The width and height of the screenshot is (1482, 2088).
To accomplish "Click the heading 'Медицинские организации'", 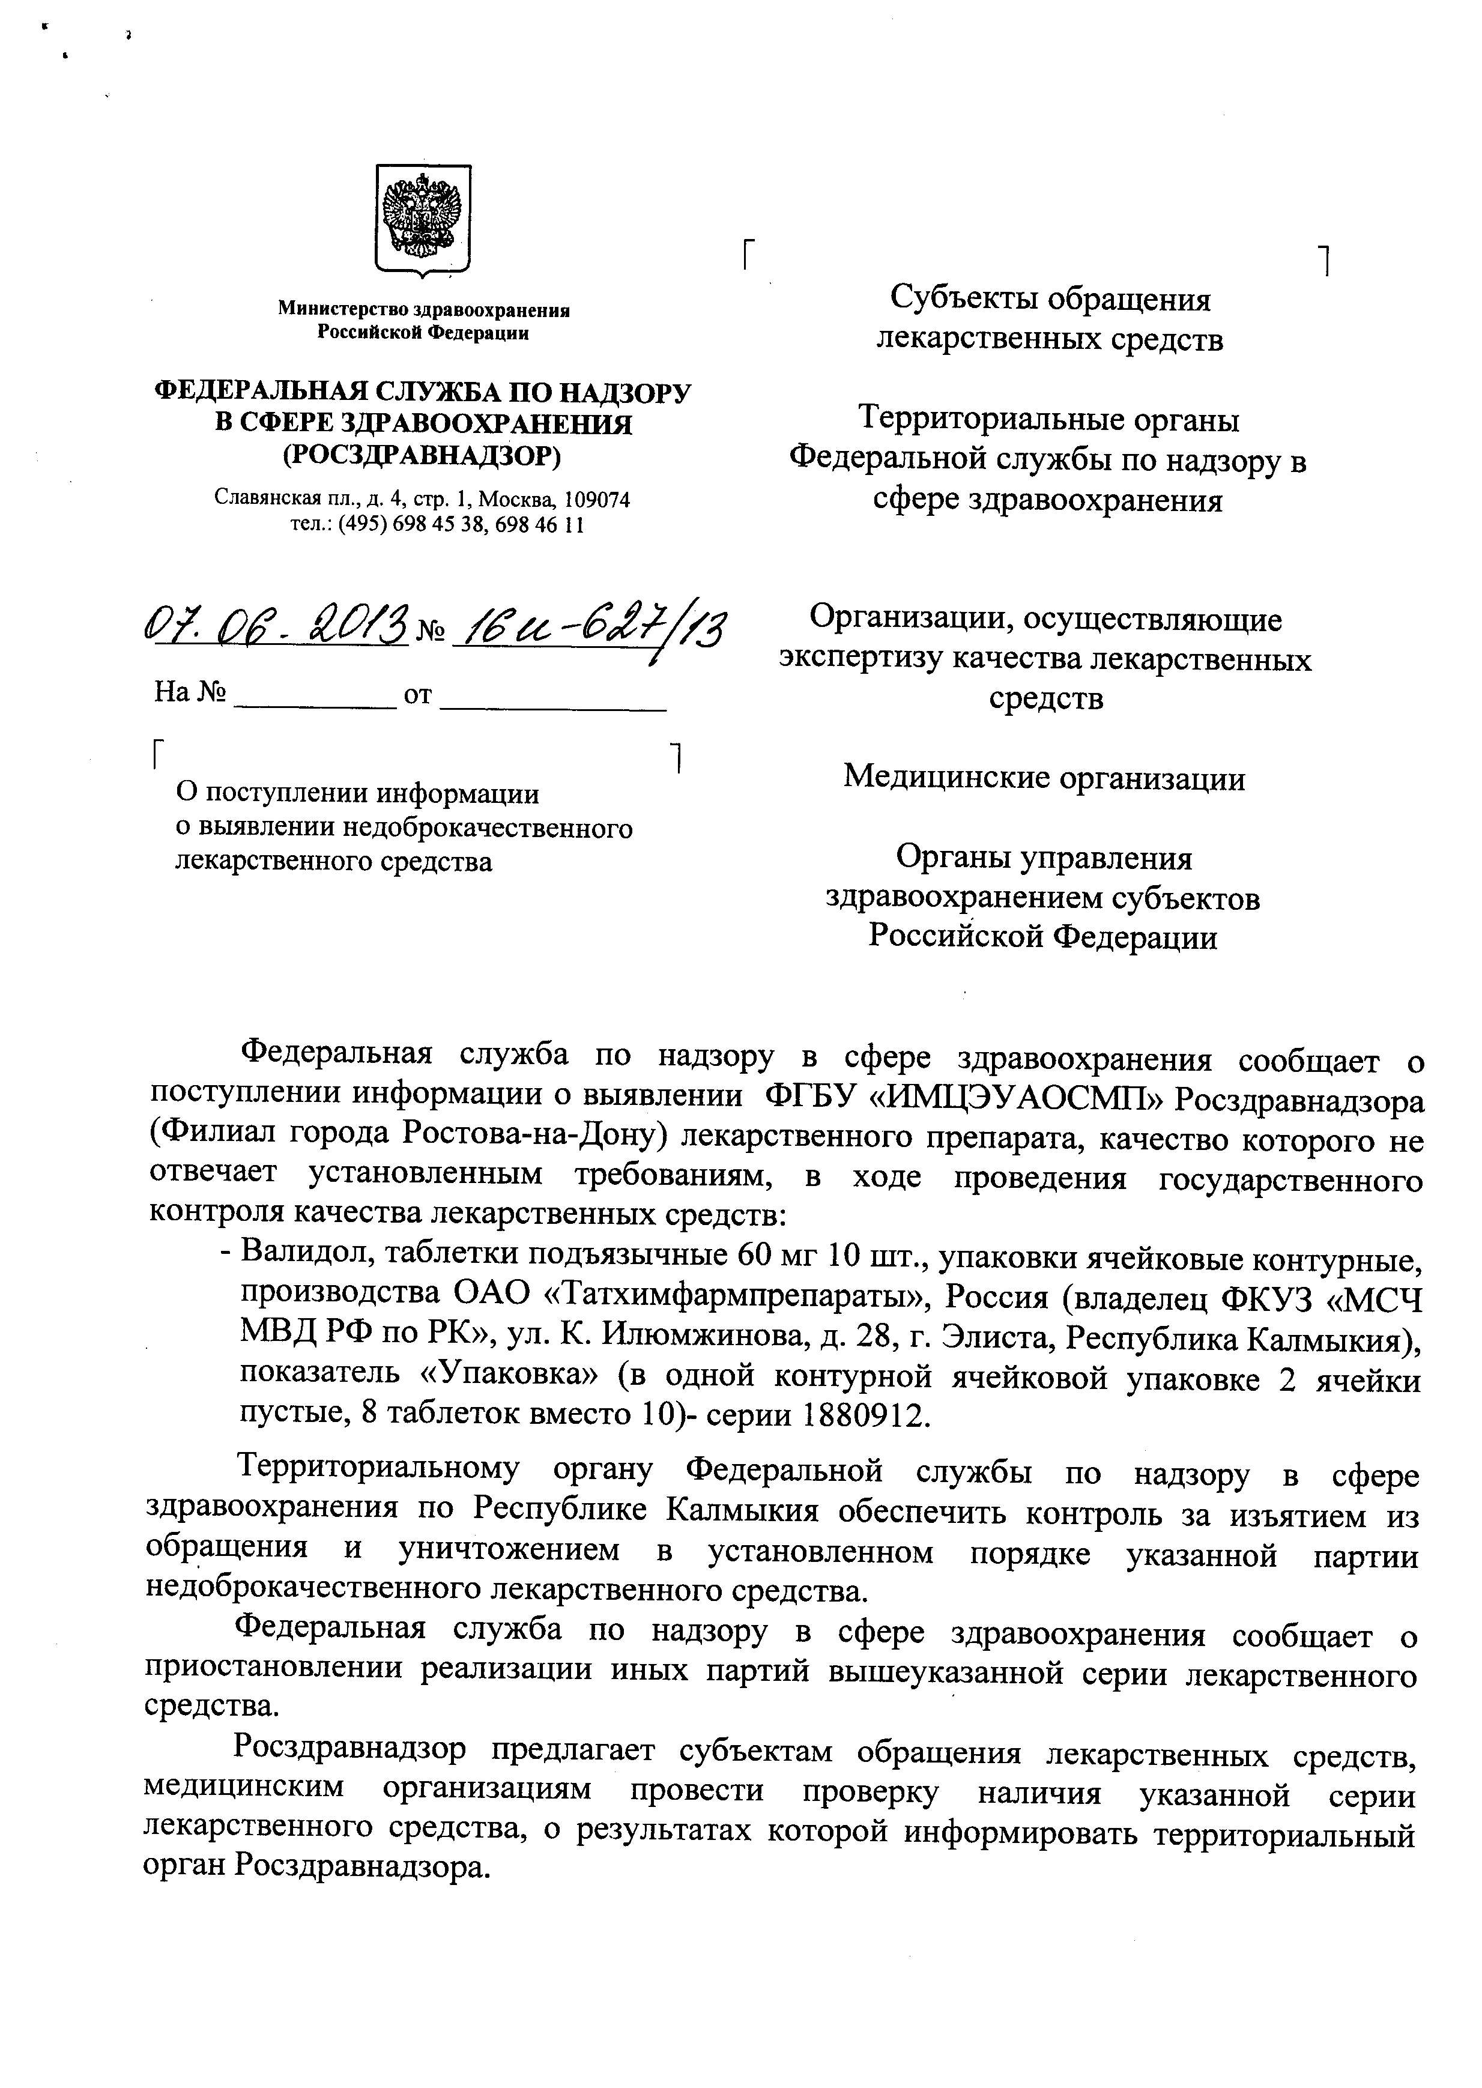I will pos(1044,778).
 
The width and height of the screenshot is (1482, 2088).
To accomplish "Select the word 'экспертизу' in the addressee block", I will pos(860,659).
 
